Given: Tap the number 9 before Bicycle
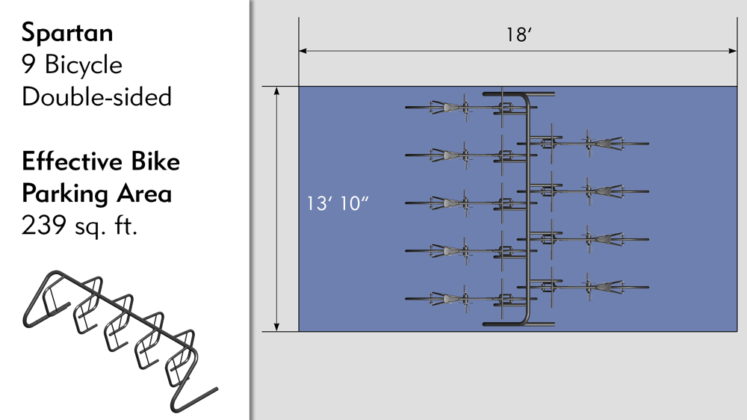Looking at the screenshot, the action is pyautogui.click(x=28, y=64).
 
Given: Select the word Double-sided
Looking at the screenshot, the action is pyautogui.click(x=96, y=96).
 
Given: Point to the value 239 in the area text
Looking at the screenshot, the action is pyautogui.click(x=44, y=225).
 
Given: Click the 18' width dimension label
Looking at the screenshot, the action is pyautogui.click(x=518, y=35).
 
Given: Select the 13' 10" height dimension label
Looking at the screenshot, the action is pyautogui.click(x=338, y=203).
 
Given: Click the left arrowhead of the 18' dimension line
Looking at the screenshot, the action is pyautogui.click(x=303, y=51).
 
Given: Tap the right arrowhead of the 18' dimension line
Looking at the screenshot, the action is pyautogui.click(x=733, y=51).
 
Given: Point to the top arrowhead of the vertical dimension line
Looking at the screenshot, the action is pyautogui.click(x=276, y=91).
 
